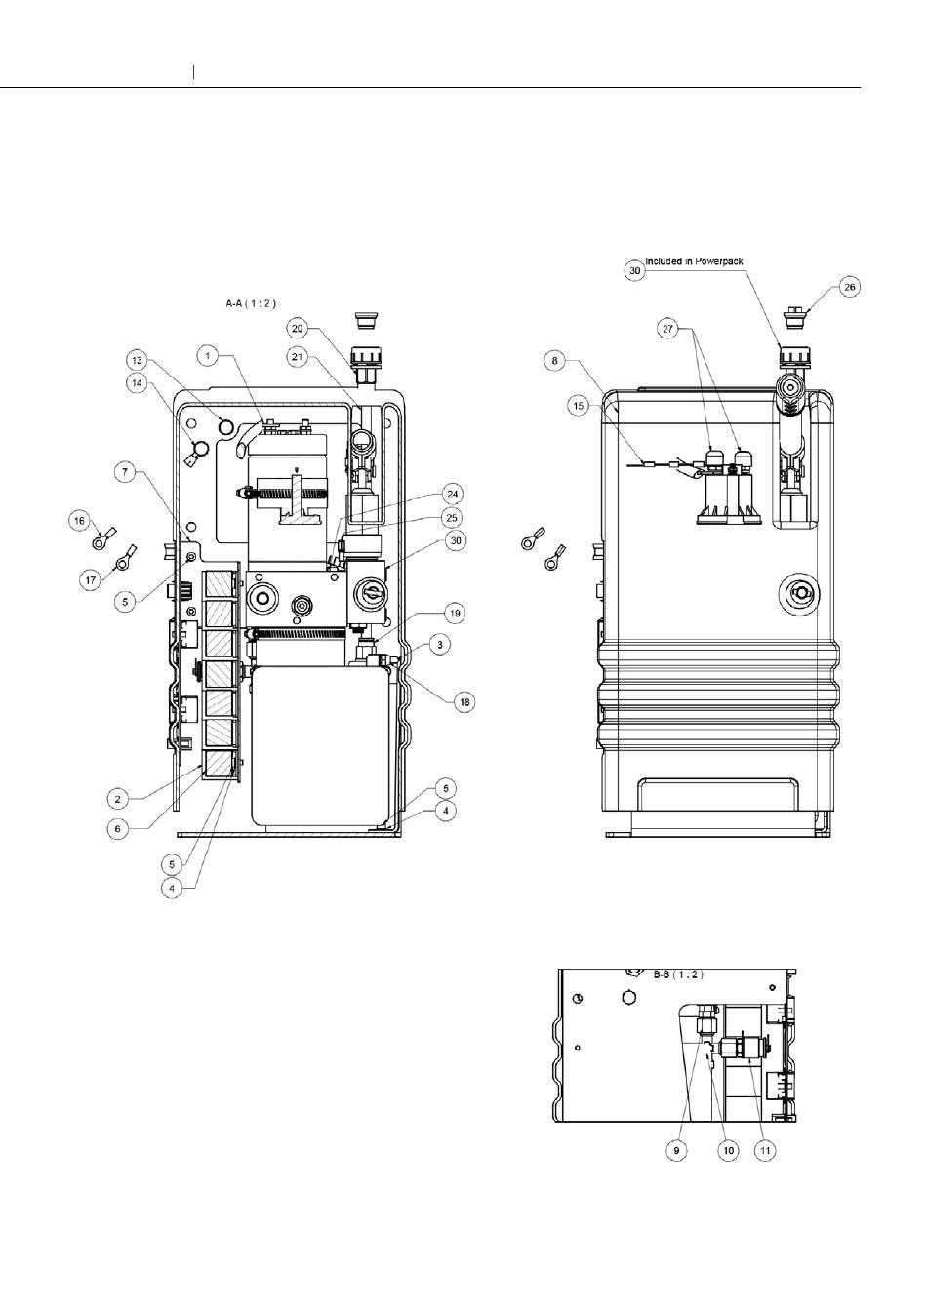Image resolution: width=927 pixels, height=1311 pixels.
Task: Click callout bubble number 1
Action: (x=207, y=355)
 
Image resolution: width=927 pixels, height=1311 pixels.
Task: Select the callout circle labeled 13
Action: (x=137, y=360)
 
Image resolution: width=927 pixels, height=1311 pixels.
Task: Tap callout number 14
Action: (x=137, y=383)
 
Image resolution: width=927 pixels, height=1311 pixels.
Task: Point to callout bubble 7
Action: (x=125, y=472)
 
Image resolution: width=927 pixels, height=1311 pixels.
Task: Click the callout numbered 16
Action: (x=80, y=520)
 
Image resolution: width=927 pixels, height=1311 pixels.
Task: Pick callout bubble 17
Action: (x=91, y=580)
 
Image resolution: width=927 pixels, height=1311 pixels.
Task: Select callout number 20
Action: (x=298, y=329)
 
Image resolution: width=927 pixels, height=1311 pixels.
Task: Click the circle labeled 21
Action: (x=298, y=356)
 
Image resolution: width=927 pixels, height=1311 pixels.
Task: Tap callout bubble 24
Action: (x=452, y=494)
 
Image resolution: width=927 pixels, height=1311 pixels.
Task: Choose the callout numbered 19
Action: (x=455, y=614)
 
